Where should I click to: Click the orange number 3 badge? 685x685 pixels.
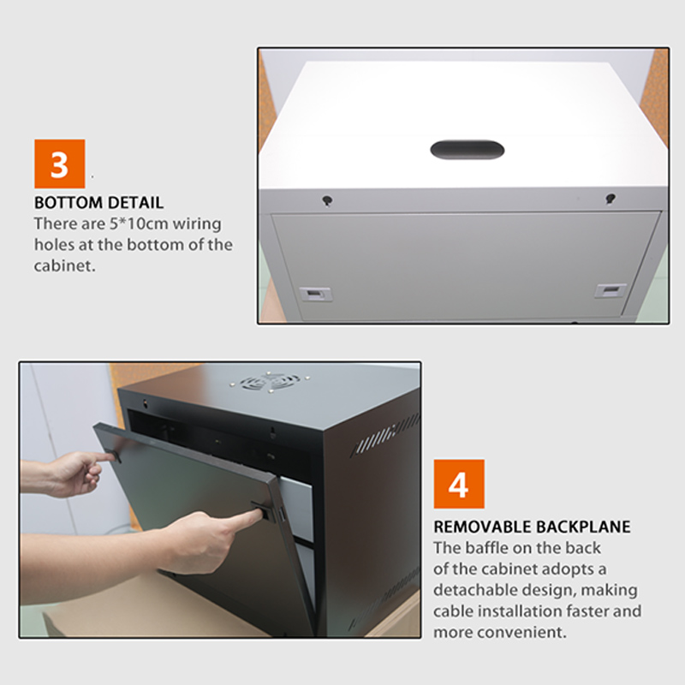coord(59,164)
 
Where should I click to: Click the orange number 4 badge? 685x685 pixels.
coord(459,485)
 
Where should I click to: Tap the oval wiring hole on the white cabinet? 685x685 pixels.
coord(467,150)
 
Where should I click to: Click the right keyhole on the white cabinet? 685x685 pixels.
coord(610,199)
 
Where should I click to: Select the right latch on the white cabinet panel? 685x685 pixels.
coord(611,291)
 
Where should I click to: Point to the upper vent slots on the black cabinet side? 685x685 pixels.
coord(384,436)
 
